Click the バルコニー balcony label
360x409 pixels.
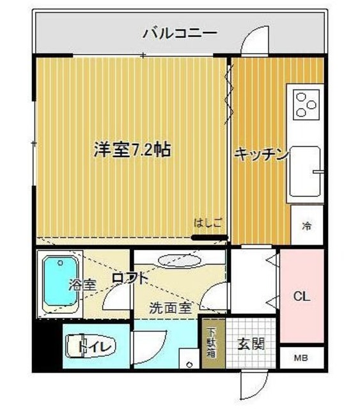point(180,31)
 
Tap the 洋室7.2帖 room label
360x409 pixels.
point(132,150)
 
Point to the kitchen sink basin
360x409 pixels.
point(306,171)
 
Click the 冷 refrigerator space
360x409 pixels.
point(307,225)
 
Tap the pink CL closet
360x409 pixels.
point(301,296)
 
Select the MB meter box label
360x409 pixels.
point(301,358)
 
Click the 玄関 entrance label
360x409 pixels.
point(252,344)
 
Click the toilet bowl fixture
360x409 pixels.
point(90,346)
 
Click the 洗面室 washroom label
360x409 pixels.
point(170,307)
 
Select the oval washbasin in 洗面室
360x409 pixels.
point(180,261)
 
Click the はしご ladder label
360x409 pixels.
point(208,223)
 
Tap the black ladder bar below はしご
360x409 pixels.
point(210,238)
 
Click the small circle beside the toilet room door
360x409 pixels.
point(189,364)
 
